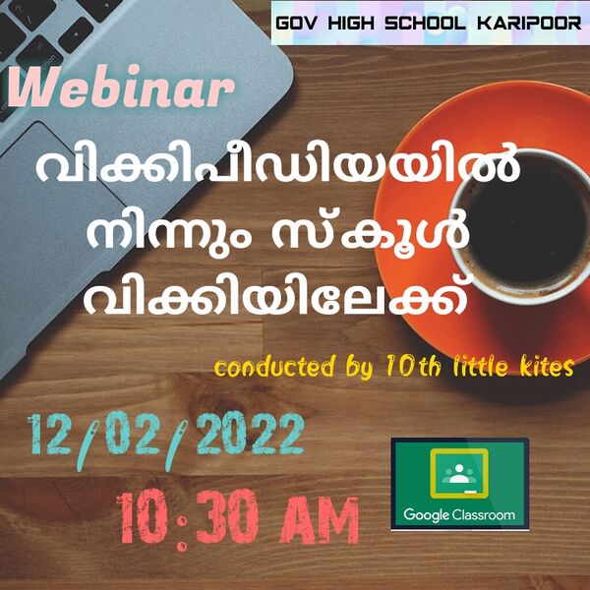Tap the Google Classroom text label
pos(459,514)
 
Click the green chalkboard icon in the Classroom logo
pos(459,472)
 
